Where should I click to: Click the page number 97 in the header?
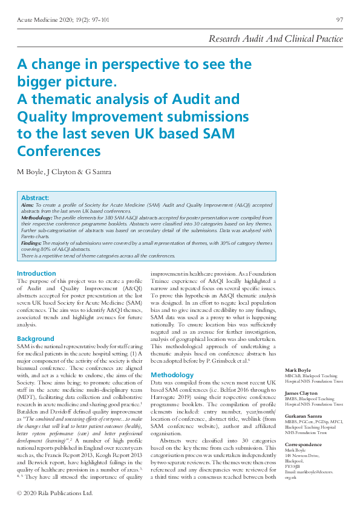pyautogui.click(x=339, y=20)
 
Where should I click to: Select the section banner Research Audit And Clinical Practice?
pyautogui.click(x=275, y=39)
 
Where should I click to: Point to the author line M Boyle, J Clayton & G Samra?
pyautogui.click(x=64, y=172)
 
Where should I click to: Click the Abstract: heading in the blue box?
pyautogui.click(x=35, y=198)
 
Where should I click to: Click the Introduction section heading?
pyautogui.click(x=37, y=273)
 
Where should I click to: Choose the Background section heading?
pyautogui.click(x=36, y=339)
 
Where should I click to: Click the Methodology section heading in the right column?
pyautogui.click(x=172, y=375)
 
